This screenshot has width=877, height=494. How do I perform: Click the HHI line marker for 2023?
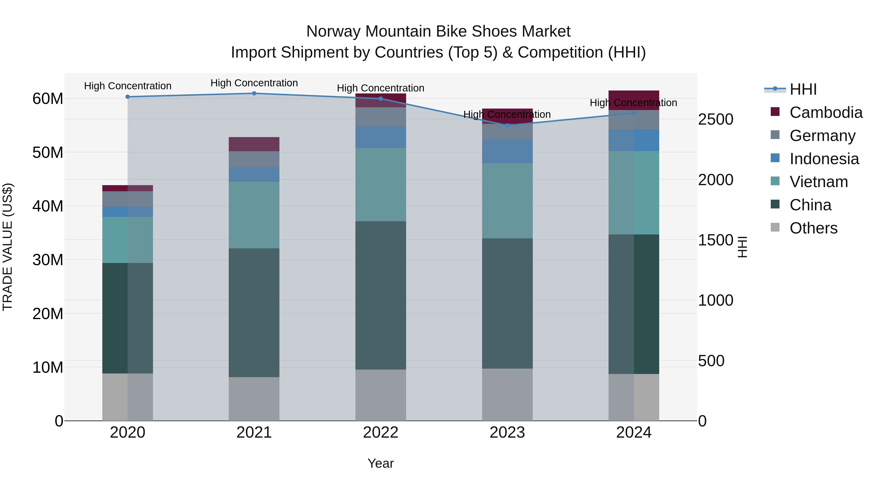tap(507, 125)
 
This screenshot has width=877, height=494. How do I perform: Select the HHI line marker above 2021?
tap(254, 93)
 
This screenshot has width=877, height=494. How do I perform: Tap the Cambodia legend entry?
tap(826, 112)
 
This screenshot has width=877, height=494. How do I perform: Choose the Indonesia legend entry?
tap(824, 159)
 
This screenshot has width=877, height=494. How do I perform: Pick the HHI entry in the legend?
tap(803, 89)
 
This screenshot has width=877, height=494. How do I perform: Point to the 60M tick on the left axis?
tap(48, 99)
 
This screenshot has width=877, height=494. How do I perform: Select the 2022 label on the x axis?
tap(381, 433)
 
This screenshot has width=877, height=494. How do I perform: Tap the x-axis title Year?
tap(381, 463)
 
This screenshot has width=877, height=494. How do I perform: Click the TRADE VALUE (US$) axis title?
tap(8, 247)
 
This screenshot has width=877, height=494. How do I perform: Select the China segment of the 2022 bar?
tap(381, 295)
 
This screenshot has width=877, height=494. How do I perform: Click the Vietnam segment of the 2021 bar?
tap(254, 215)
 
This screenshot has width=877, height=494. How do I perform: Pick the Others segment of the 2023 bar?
tap(507, 394)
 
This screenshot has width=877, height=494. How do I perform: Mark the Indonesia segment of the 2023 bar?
tap(507, 151)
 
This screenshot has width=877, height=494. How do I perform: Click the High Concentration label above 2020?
tap(128, 86)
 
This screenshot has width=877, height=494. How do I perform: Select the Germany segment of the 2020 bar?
tap(128, 199)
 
